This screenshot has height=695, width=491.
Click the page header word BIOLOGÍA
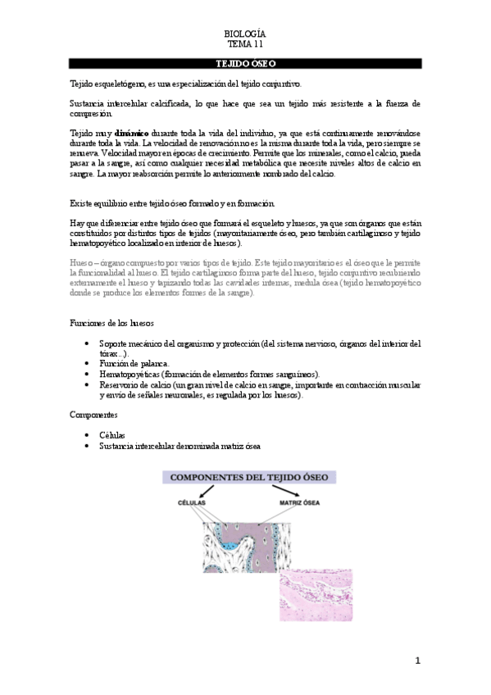pos(245,34)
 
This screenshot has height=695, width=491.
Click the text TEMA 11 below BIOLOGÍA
pos(245,44)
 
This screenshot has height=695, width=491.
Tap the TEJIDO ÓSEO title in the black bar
pos(245,62)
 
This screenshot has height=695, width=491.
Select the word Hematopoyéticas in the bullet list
pos(130,374)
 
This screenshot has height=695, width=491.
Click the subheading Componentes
pos(93,415)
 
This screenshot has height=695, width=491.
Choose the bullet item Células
pos(113,435)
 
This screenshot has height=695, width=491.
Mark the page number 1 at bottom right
pos(417,661)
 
